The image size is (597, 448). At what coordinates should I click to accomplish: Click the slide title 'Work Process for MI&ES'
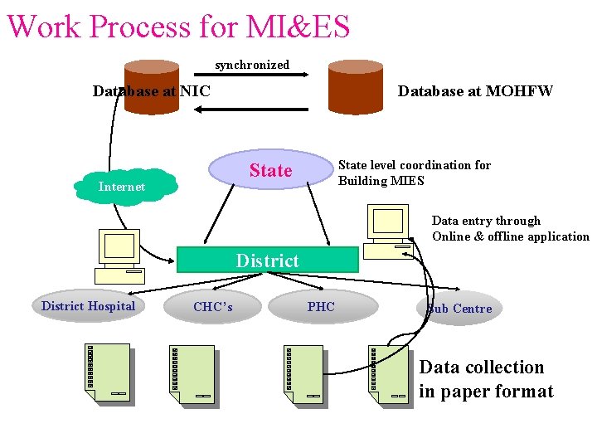pyautogui.click(x=178, y=26)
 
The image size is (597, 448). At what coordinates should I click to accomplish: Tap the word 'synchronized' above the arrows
pyautogui.click(x=252, y=65)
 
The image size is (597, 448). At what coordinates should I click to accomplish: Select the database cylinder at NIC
pyautogui.click(x=152, y=83)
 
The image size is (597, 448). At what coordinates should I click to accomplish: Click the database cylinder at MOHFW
pyautogui.click(x=355, y=85)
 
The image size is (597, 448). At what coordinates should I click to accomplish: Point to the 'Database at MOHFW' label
pyautogui.click(x=475, y=91)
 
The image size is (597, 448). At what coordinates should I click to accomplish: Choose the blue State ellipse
pyautogui.click(x=269, y=170)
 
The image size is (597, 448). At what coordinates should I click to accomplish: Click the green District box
pyautogui.click(x=268, y=260)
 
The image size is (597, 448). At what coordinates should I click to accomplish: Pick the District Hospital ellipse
pyautogui.click(x=88, y=306)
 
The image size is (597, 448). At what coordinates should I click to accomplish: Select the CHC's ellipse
pyautogui.click(x=213, y=307)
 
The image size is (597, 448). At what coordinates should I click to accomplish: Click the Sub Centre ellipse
pyautogui.click(x=460, y=309)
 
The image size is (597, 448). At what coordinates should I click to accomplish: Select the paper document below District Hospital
pyautogui.click(x=109, y=372)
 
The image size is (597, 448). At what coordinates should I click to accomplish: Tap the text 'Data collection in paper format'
pyautogui.click(x=485, y=379)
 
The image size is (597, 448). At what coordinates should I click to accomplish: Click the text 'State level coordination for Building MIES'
pyautogui.click(x=414, y=173)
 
